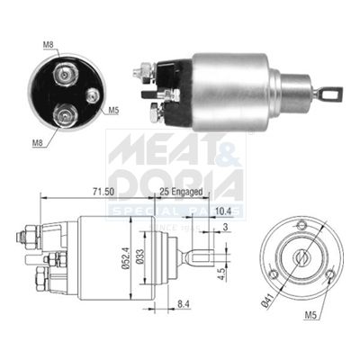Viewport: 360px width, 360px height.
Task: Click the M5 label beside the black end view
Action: [x=114, y=112]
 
